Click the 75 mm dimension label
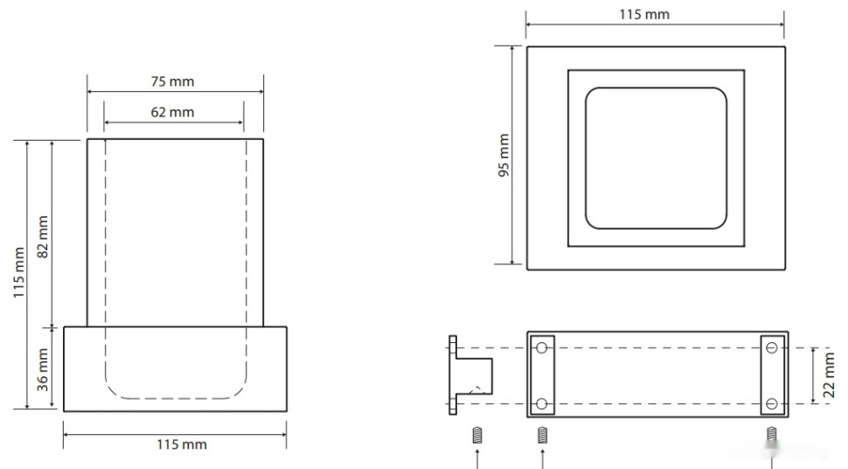pos(172,81)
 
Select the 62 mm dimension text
pos(172,112)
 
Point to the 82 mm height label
pos(43,236)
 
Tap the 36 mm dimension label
pos(43,370)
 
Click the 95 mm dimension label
pos(504,156)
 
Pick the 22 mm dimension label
pos(829,375)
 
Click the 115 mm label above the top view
pos(644,15)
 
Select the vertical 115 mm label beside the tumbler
pos(19,272)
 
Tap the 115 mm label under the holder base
pos(182,444)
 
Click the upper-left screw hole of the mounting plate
pos(541,347)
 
